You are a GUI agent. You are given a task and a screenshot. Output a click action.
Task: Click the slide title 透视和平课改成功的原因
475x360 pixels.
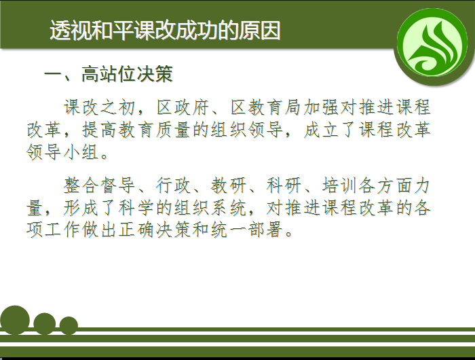coord(165,31)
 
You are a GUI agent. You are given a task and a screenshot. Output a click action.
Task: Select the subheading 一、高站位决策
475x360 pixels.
coord(109,74)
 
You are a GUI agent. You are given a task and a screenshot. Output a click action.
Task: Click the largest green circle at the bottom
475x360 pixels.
coord(15,320)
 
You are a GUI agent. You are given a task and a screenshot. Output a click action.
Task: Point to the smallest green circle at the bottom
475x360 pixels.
coord(69,325)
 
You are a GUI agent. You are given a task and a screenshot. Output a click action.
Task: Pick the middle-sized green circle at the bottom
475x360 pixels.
coord(45,323)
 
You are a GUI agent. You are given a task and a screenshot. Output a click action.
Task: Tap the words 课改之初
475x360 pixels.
coord(99,107)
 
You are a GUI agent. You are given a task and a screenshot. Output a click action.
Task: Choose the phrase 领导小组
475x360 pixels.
coord(62,151)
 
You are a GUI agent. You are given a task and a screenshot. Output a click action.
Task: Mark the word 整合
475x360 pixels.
coord(81,185)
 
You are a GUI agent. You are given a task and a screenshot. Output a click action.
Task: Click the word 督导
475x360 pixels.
coord(118,185)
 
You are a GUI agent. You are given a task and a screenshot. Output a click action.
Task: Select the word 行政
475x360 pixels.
coord(174,185)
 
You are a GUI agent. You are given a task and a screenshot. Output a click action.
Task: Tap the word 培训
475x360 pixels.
coord(340,185)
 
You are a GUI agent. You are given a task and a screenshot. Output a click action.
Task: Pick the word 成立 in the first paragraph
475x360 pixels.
coord(322,130)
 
